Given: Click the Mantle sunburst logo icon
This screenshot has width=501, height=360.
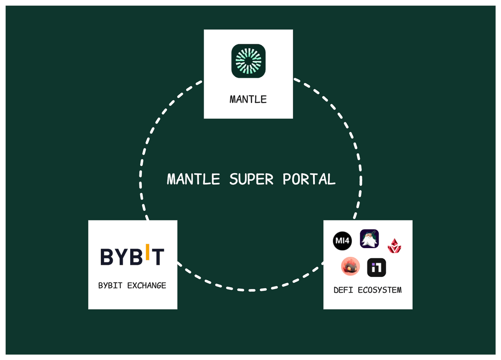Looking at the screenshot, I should coord(248,61).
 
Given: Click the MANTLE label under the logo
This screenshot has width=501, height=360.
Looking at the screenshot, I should coord(248,99).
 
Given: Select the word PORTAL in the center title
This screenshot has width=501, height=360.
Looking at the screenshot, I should coord(309,179).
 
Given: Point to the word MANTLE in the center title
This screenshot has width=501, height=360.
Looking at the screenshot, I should coord(193,179).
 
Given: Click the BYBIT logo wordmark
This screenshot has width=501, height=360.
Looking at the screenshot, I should coord(132,256).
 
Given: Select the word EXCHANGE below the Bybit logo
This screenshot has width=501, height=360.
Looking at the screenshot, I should coord(147,286).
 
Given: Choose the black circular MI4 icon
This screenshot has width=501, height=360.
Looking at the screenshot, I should coord(342,241).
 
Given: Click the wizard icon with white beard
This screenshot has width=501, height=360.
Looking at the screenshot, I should coord(369,239).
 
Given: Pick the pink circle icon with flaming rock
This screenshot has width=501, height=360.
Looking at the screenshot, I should coord(350,266).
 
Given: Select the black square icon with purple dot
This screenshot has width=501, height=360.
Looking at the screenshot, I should coord(377,267).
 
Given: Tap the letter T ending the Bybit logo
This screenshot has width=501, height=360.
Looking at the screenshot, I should coord(158,257).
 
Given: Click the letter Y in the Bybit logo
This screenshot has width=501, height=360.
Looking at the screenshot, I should coord(121,257).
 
